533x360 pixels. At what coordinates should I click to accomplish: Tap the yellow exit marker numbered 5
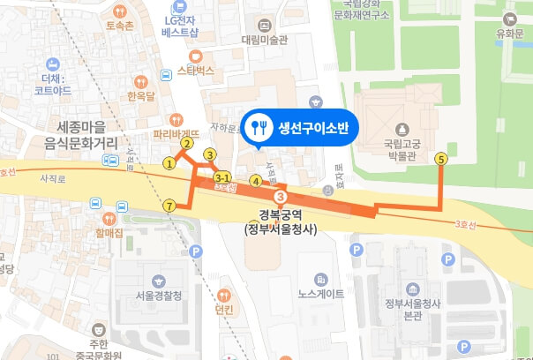tap(441, 159)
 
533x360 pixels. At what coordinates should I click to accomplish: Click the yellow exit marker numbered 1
tap(169, 162)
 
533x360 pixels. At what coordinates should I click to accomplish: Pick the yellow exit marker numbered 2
tap(187, 142)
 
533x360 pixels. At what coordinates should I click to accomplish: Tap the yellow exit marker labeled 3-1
tap(224, 176)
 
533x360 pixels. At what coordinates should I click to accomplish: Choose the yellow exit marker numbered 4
tap(255, 182)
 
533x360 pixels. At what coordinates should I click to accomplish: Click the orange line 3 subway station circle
tap(281, 196)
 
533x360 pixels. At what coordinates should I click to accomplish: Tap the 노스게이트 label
tap(320, 294)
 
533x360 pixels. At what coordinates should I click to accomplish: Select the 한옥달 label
tap(141, 95)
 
